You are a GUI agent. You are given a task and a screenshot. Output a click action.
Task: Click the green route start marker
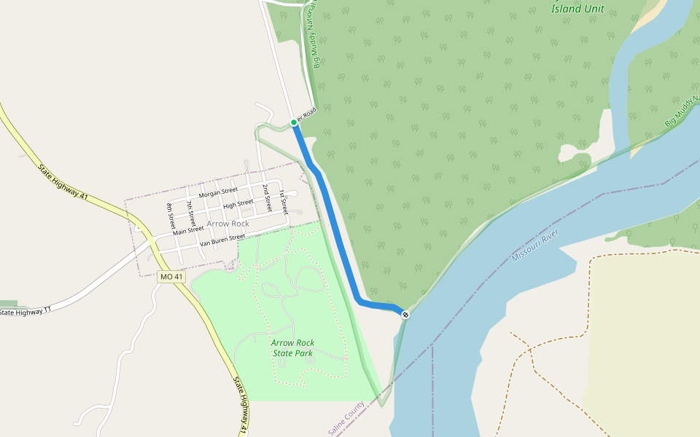[294, 122]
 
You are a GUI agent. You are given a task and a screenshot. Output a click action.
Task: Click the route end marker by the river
[405, 314]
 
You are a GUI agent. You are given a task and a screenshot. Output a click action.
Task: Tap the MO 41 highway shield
[171, 277]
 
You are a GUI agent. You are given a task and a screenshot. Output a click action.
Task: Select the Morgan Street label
[219, 192]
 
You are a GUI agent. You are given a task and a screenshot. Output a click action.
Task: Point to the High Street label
[238, 203]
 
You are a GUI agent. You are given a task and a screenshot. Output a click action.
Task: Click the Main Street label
[188, 230]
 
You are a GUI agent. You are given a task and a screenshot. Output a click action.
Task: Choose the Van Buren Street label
[222, 238]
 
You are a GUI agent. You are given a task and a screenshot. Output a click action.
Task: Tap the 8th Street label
[171, 216]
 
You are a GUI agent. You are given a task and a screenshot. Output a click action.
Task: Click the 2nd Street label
[268, 198]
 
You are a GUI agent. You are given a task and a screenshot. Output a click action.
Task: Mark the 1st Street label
[284, 200]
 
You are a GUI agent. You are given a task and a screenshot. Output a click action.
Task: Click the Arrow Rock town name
[227, 224]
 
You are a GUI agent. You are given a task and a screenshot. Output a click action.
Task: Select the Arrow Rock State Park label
[292, 347]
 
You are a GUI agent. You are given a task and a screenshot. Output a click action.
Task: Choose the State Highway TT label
[26, 312]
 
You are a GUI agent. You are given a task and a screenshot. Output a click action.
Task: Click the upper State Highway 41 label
[62, 182]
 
